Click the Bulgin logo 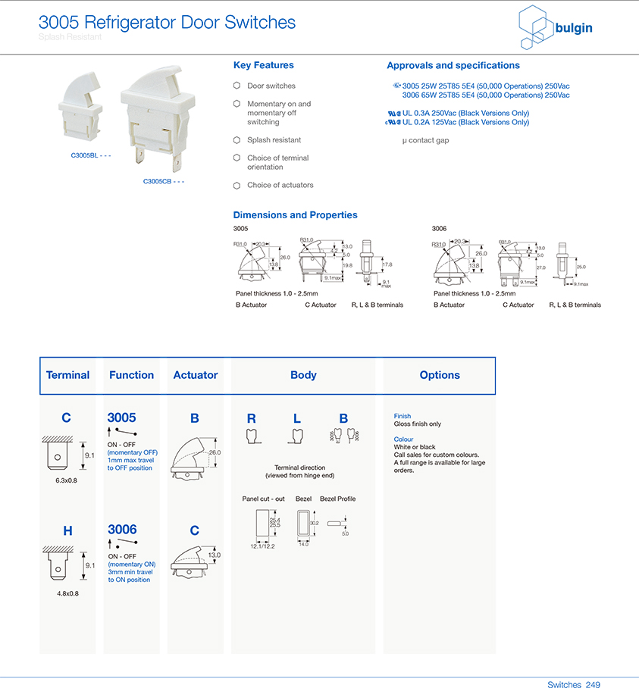click(x=555, y=28)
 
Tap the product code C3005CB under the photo click(x=164, y=181)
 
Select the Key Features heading click(x=263, y=65)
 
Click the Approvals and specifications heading click(x=453, y=65)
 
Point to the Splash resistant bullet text click(x=274, y=140)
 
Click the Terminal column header click(x=67, y=375)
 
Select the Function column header click(x=131, y=375)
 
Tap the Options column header click(x=440, y=375)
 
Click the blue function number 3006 click(x=122, y=530)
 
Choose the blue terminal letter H click(x=67, y=531)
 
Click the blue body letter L click(x=297, y=418)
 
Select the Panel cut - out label click(x=263, y=499)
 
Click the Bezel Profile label click(x=337, y=499)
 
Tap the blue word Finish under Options click(x=402, y=416)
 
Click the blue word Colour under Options click(x=403, y=439)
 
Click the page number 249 click(x=593, y=684)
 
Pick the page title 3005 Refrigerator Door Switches click(x=167, y=22)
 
